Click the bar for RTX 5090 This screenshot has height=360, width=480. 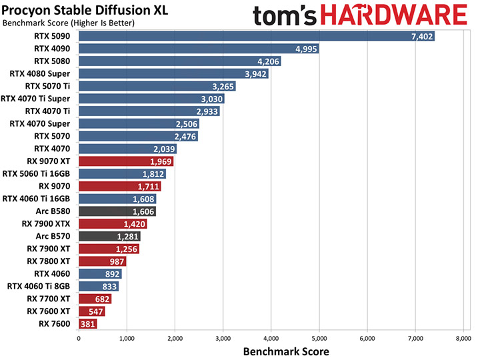(257, 36)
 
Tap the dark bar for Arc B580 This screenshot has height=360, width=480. (117, 211)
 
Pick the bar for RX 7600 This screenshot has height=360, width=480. (88, 324)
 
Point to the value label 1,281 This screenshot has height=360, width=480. (128, 236)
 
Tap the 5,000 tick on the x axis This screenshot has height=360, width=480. (319, 339)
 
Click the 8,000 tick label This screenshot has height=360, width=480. (463, 339)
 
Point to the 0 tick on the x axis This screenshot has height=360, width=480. (79, 339)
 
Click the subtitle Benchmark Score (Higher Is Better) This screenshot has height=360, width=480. (69, 23)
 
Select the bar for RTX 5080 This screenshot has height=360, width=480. (180, 61)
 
